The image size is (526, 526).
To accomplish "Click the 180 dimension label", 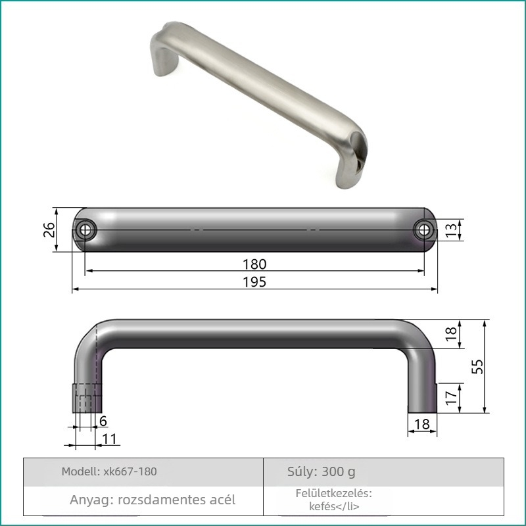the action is tap(254, 264).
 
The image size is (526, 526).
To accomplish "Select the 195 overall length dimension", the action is tap(254, 282).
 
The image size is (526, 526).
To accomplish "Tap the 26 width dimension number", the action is tap(49, 229).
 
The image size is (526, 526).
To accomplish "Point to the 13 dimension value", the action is tap(452, 229).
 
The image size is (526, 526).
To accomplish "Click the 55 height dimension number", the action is tap(477, 366).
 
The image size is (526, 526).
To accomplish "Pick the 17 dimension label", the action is tap(452, 397).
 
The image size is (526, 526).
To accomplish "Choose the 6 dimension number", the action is tap(103, 421).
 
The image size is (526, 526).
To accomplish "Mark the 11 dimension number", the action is tap(109, 439).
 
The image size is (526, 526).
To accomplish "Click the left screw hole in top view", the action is tap(85, 230).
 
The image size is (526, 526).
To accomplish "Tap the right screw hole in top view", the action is tap(424, 230).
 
